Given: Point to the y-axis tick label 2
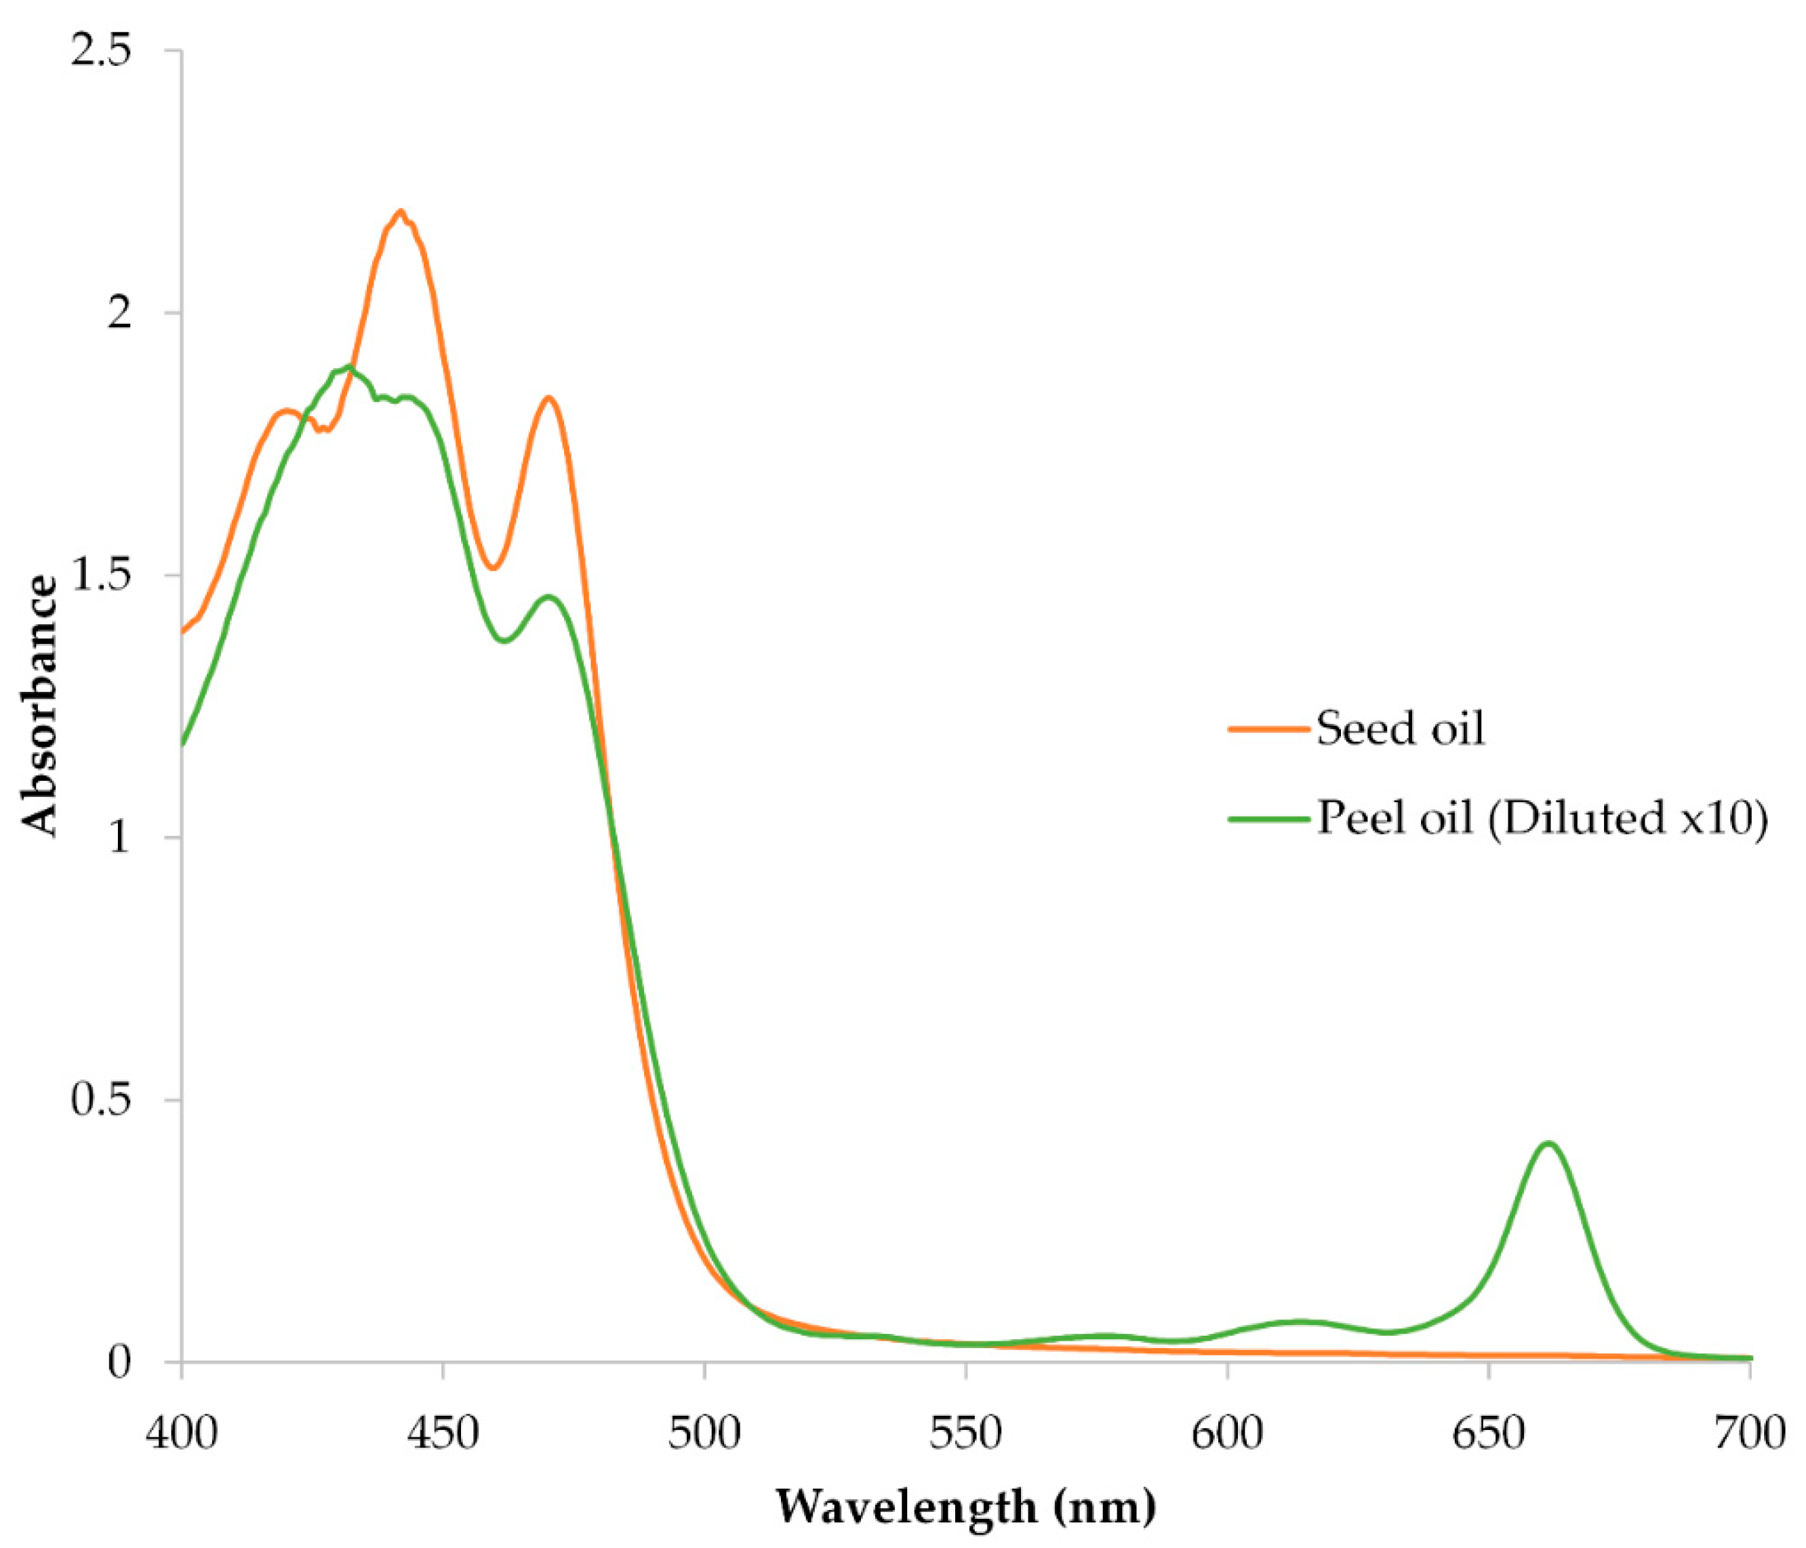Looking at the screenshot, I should (119, 313).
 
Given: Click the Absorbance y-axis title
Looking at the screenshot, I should (39, 706).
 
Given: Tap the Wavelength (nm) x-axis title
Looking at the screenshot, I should (966, 1506).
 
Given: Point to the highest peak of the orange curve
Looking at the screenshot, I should (400, 212).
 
